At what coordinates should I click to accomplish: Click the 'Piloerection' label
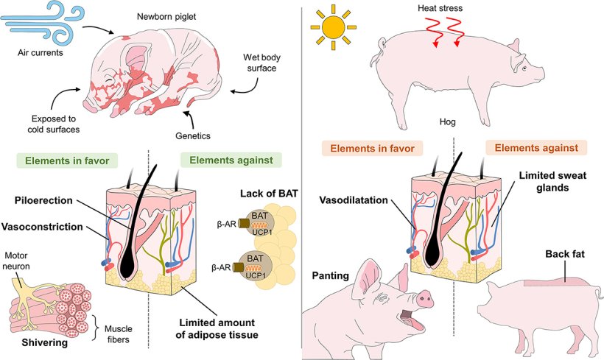click(x=49, y=200)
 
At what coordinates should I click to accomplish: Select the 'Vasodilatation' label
click(x=355, y=200)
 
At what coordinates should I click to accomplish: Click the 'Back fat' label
click(x=563, y=255)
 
